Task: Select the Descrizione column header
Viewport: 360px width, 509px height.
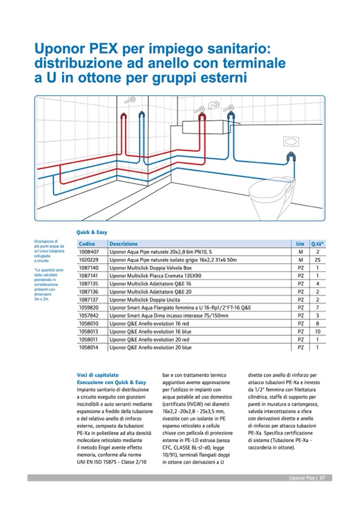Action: tap(123, 244)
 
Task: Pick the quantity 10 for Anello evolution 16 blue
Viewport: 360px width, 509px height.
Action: tap(317, 331)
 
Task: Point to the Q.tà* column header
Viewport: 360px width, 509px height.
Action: tap(317, 244)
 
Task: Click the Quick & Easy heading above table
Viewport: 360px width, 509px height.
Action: tap(92, 232)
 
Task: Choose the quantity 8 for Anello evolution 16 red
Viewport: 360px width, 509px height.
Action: tap(317, 323)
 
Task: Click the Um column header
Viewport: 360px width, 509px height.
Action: tap(300, 244)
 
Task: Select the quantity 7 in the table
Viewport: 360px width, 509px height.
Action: tap(317, 307)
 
